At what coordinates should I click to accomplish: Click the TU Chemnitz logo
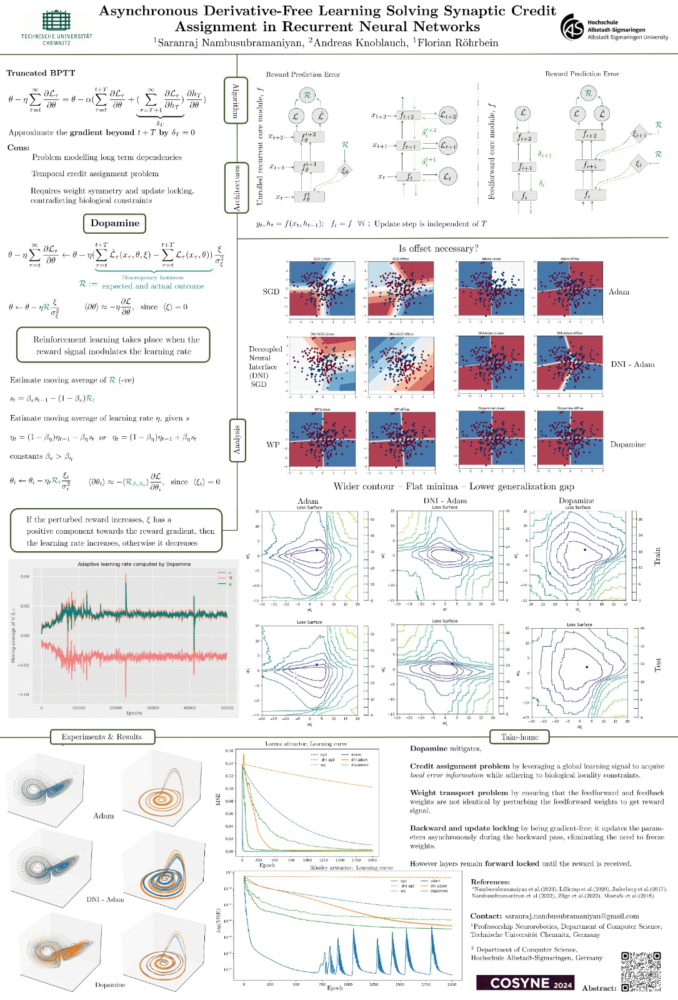pos(56,26)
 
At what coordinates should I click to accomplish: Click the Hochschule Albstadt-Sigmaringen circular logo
pos(572,27)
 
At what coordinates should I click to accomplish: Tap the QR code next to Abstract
pos(641,971)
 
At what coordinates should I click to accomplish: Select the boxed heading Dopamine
pos(115,223)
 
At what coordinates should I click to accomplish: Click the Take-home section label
pos(519,737)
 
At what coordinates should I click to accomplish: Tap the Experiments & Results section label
pos(102,737)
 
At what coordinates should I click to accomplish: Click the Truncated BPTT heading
pos(41,73)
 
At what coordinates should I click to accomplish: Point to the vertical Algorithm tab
pos(236,101)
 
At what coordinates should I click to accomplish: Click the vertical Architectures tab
pos(236,187)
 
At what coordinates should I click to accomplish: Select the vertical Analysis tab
pos(237,439)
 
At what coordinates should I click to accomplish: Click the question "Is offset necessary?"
pos(438,249)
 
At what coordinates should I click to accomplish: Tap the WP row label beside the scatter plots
pos(273,444)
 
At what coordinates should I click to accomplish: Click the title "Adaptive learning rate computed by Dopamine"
pos(134,564)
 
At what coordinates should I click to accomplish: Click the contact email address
pos(572,916)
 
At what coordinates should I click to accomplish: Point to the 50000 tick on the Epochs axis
pos(227,707)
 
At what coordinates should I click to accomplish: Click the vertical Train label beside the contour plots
pos(657,556)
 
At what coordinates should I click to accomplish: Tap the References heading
pos(490,881)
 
